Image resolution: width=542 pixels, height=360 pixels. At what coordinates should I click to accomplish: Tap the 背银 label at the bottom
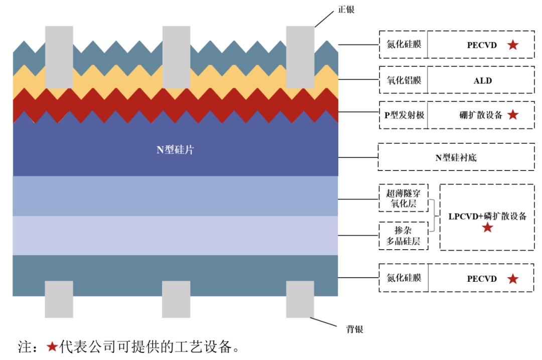[354, 329]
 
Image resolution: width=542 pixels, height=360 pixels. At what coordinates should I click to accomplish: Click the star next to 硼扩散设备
[512, 115]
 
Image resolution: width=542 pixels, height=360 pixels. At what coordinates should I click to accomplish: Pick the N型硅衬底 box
[456, 157]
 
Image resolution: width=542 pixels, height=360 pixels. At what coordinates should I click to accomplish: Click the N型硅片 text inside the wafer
[175, 149]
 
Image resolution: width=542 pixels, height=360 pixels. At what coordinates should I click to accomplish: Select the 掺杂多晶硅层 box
[403, 236]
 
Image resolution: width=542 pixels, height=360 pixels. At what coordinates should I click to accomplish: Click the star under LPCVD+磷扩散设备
[487, 228]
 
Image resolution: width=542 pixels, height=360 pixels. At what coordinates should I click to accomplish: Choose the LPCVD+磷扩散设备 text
[487, 216]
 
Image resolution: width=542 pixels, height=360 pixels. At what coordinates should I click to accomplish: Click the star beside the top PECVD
[512, 45]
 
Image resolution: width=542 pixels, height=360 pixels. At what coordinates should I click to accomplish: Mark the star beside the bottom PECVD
[512, 279]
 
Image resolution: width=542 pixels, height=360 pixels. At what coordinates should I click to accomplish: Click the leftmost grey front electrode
[59, 57]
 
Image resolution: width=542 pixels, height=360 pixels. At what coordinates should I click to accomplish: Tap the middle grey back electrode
[176, 299]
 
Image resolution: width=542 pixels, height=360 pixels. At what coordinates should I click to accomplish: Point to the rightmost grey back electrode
[300, 299]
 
